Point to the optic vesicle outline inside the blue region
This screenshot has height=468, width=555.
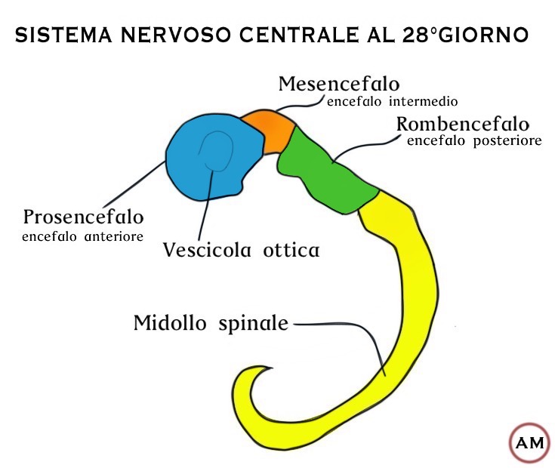(216, 151)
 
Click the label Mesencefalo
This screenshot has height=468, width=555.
(339, 83)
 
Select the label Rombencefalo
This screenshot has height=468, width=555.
(463, 124)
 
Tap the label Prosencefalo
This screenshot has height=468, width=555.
(83, 217)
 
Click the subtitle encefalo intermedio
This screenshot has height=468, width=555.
(393, 100)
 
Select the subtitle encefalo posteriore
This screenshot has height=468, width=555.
(474, 140)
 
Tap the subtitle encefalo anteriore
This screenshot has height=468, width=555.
(83, 236)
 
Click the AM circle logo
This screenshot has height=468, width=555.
(529, 442)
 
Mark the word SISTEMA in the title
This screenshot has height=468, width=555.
(55, 35)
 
